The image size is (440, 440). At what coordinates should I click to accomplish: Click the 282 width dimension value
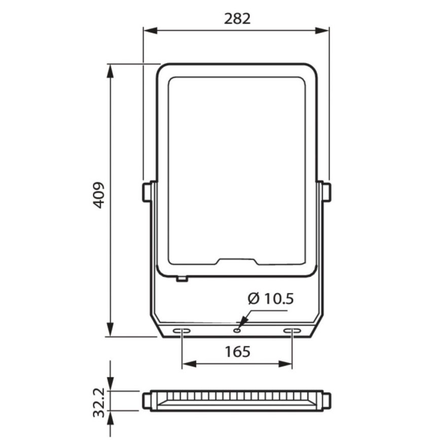(x=237, y=19)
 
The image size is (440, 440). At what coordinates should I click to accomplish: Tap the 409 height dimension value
(x=99, y=195)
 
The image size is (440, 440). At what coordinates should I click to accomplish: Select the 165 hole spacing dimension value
(x=237, y=351)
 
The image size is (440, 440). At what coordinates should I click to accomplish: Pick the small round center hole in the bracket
(x=237, y=331)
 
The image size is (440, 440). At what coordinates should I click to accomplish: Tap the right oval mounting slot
(x=292, y=331)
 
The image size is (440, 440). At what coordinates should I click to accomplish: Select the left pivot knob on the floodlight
(x=146, y=192)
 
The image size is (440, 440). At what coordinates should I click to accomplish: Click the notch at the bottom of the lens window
(x=237, y=262)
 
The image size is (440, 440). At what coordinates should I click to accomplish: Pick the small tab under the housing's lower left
(x=181, y=278)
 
